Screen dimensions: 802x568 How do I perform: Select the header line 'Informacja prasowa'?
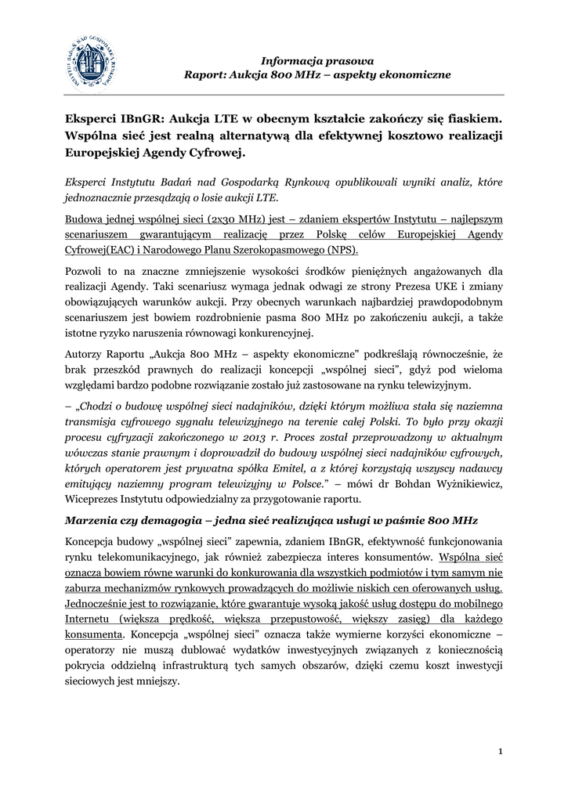317,60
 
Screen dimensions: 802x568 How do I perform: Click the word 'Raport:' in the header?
206,75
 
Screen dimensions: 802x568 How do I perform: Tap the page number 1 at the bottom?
500,752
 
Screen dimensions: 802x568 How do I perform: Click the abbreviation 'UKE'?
431,287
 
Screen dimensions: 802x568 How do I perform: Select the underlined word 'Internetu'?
89,619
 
